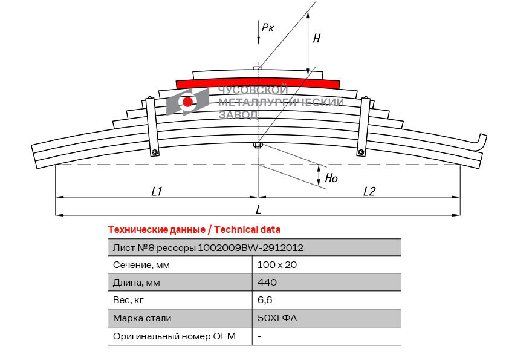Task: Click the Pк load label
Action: click(x=267, y=27)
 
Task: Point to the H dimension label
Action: click(x=316, y=39)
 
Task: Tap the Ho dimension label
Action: click(x=331, y=178)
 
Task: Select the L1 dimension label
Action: click(x=157, y=191)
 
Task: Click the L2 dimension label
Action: click(x=369, y=191)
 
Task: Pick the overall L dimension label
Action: click(x=258, y=209)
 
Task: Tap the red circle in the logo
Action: click(x=188, y=102)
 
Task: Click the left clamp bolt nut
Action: click(x=155, y=152)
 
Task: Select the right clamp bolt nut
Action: click(x=361, y=152)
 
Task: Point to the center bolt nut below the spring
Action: click(x=258, y=145)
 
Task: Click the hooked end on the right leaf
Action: click(x=481, y=141)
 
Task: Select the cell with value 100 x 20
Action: click(x=277, y=264)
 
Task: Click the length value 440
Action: click(x=267, y=283)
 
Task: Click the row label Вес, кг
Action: click(x=128, y=300)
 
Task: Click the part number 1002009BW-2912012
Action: click(x=250, y=247)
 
